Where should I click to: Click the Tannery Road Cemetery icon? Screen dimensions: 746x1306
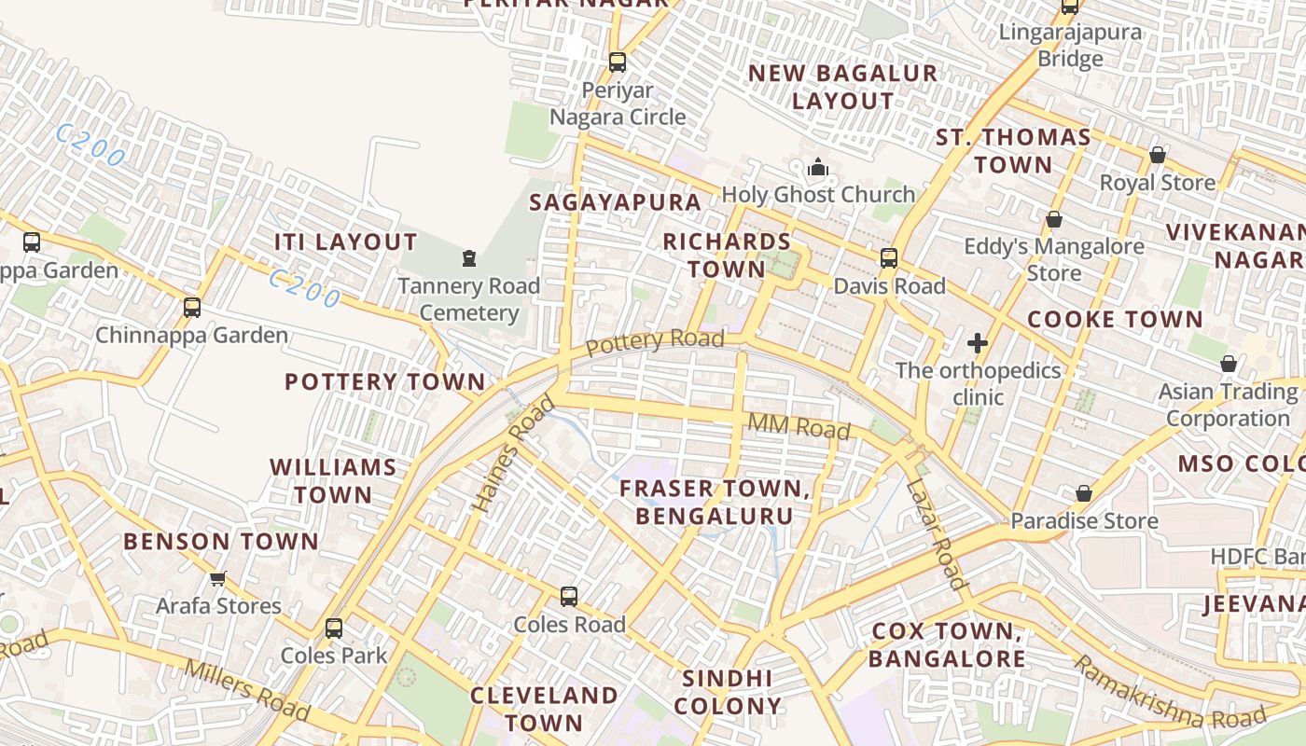point(469,257)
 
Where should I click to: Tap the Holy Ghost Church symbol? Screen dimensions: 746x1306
point(818,168)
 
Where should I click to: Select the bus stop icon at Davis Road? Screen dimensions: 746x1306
point(889,258)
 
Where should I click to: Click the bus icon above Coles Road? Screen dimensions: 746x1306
point(569,597)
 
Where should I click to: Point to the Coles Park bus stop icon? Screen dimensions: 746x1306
point(334,629)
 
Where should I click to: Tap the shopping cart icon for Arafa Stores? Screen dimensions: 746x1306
point(218,579)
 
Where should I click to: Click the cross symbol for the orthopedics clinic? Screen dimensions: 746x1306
point(977,343)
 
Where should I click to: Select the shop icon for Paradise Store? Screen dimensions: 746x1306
point(1084,493)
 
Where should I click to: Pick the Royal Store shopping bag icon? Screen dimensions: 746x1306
point(1157,155)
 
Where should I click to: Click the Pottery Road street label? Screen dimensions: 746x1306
point(655,341)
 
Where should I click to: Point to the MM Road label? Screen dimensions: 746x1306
point(799,426)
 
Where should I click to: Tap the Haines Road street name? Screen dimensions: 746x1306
point(513,455)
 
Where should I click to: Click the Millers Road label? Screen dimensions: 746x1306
point(246,690)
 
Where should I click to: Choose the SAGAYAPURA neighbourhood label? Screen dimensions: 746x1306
point(615,202)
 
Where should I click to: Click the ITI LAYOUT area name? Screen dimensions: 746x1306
point(345,242)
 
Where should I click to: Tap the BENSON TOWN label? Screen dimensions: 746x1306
point(221,542)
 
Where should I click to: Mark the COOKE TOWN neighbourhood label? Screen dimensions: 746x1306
point(1115,320)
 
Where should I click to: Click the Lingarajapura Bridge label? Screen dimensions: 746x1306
point(1070,46)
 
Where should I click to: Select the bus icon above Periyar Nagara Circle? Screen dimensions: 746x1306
point(618,62)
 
